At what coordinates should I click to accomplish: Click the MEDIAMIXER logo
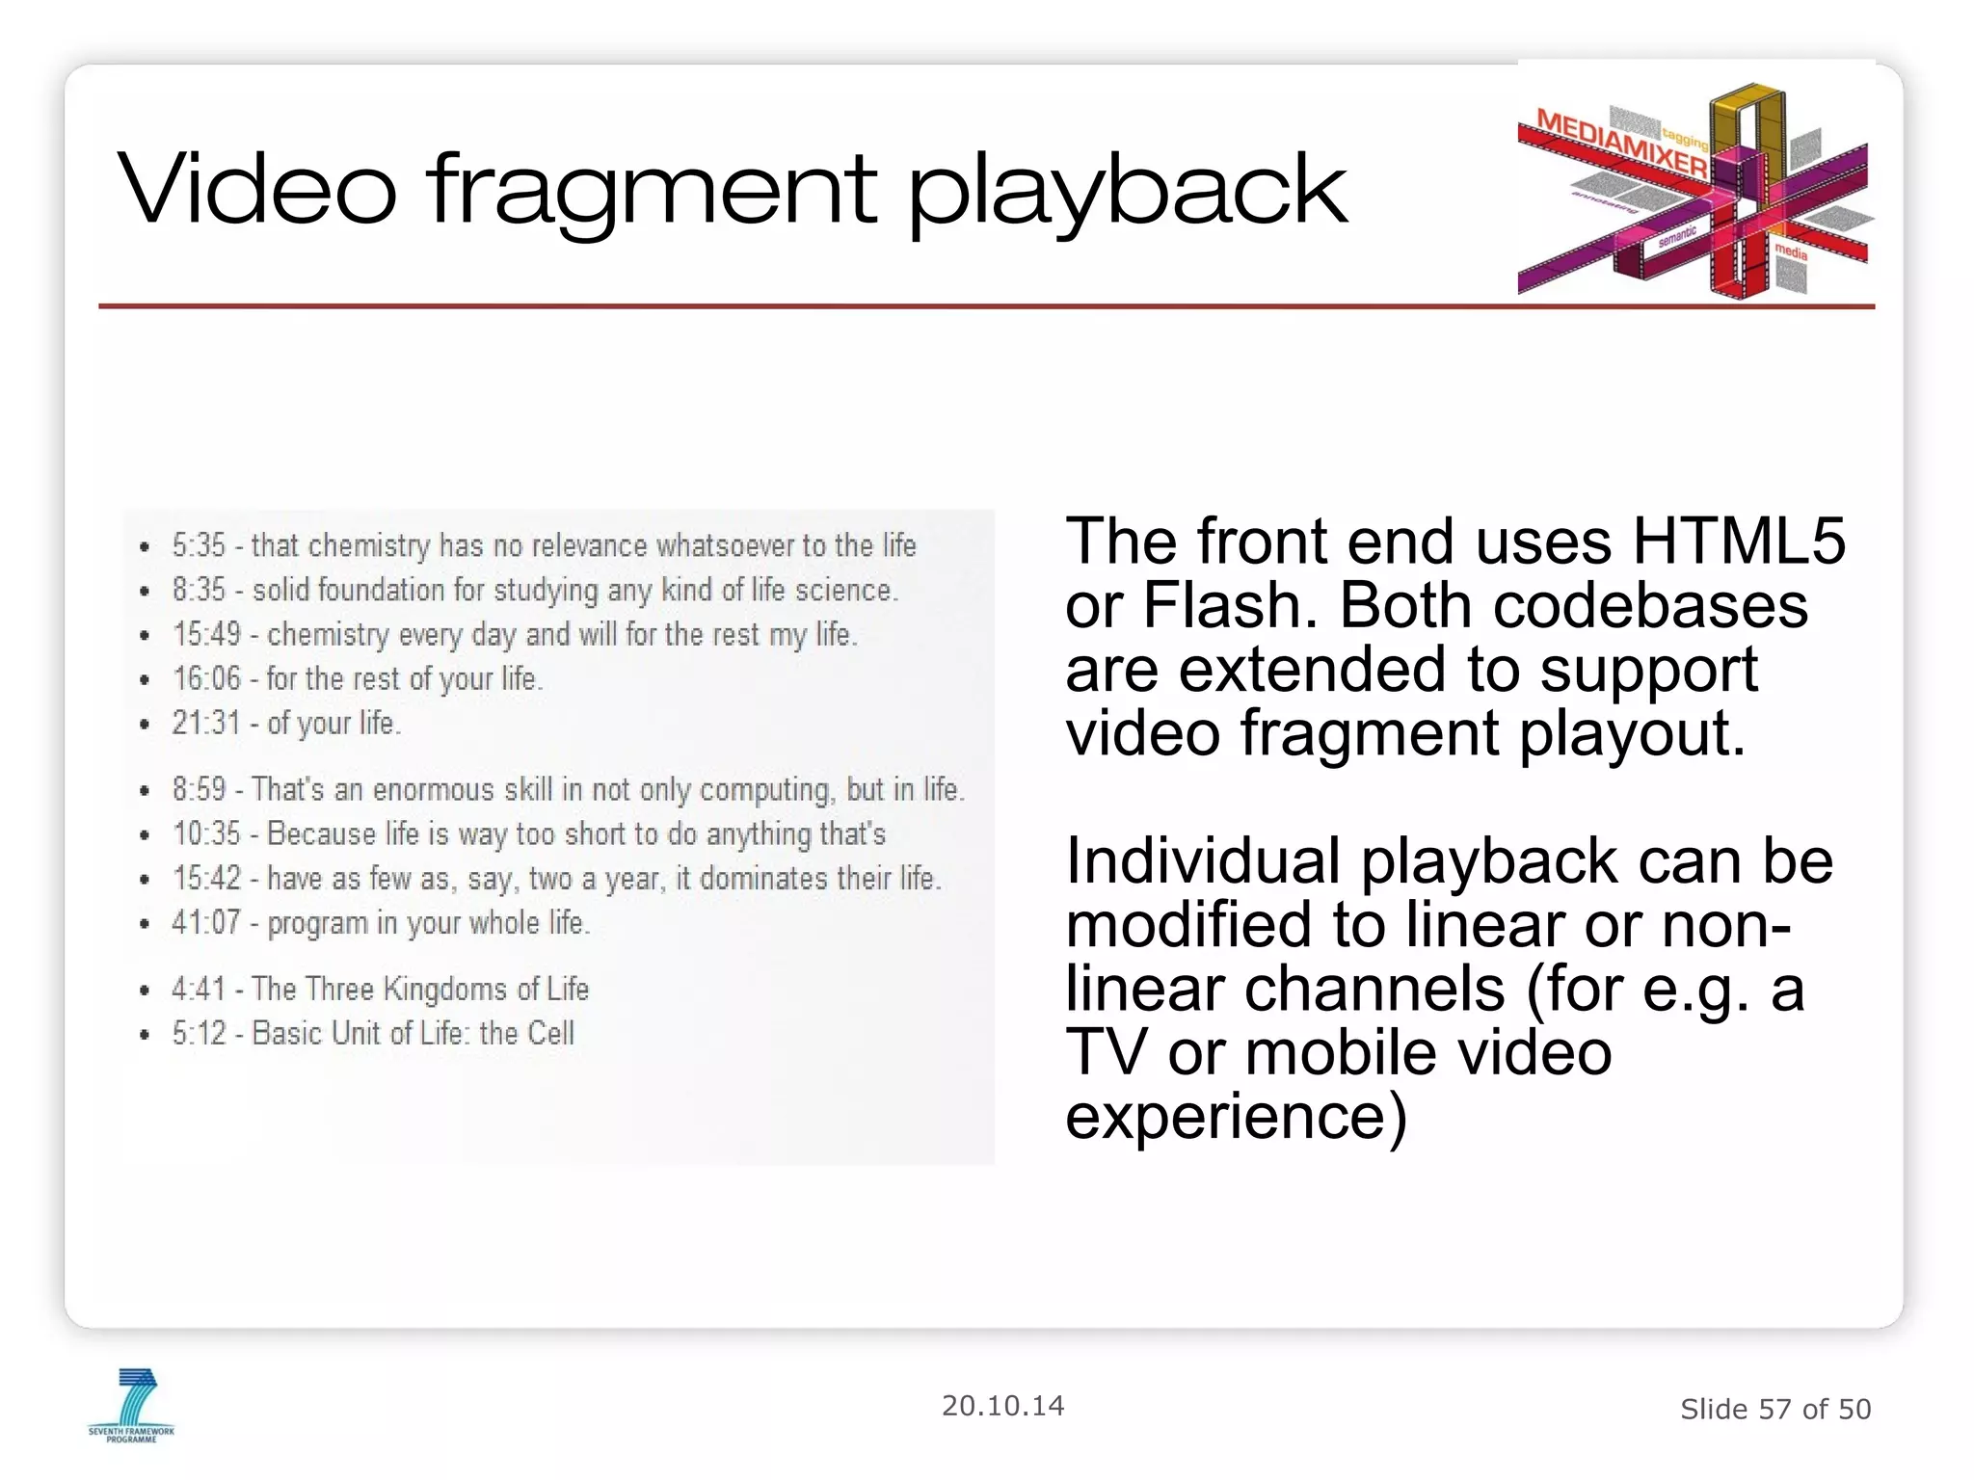pyautogui.click(x=1693, y=189)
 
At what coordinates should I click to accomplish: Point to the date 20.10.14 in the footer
pyautogui.click(x=1002, y=1406)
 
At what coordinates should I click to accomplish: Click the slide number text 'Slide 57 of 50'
pyautogui.click(x=1774, y=1410)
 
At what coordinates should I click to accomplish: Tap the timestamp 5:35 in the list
pyautogui.click(x=199, y=545)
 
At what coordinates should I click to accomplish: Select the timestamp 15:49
pyautogui.click(x=206, y=634)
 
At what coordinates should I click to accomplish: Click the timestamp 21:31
pyautogui.click(x=205, y=723)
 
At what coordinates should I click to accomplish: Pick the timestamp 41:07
pyautogui.click(x=205, y=922)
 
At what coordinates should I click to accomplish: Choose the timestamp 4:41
pyautogui.click(x=199, y=989)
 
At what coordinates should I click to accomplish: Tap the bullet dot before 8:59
pyautogui.click(x=145, y=791)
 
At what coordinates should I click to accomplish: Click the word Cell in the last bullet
pyautogui.click(x=551, y=1033)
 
